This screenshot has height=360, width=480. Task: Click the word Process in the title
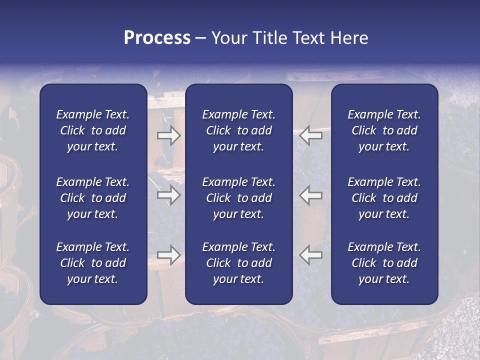[x=157, y=38]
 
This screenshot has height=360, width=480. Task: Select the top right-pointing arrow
[x=168, y=135]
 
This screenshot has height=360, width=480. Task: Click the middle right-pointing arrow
[x=168, y=195]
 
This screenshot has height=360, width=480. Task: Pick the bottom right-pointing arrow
[x=168, y=255]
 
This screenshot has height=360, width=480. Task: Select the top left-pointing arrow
[x=311, y=135]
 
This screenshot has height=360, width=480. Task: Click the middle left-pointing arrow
[x=311, y=195]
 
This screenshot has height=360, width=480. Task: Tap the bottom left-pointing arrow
[x=311, y=255]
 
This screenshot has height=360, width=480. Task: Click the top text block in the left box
[x=93, y=130]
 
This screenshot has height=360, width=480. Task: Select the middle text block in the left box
[x=93, y=198]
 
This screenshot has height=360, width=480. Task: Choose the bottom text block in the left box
[x=93, y=263]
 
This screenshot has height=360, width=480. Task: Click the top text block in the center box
[x=238, y=130]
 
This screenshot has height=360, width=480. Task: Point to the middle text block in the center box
[x=238, y=198]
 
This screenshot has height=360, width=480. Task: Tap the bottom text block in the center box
[x=238, y=263]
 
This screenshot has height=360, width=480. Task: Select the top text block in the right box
[x=384, y=130]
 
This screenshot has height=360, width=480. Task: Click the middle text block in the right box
[x=384, y=198]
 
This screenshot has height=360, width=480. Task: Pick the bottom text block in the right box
[x=384, y=263]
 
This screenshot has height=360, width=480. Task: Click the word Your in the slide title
[x=229, y=38]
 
